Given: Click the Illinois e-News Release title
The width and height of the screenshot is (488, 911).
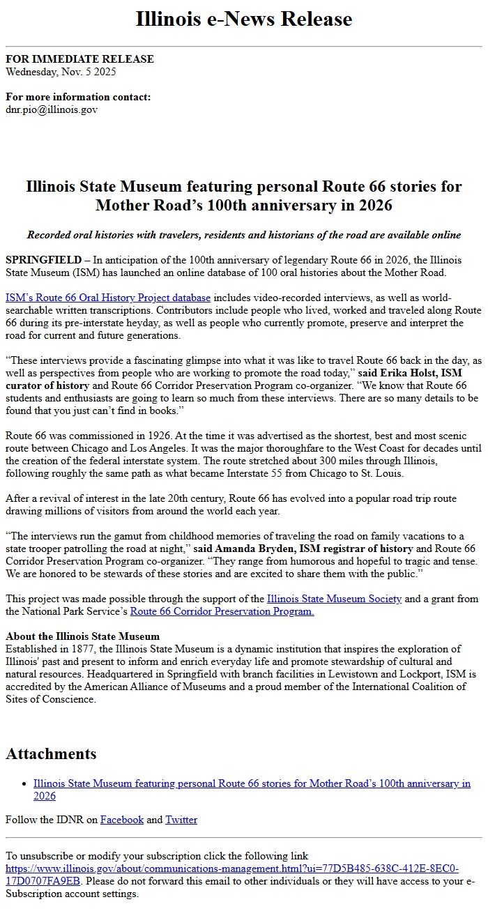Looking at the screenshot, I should click(243, 19).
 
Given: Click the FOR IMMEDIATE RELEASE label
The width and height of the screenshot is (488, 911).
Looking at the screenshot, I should click(79, 59).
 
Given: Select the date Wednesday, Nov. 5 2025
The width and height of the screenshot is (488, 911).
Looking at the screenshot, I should click(61, 71).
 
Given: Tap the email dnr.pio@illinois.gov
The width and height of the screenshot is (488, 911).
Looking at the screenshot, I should click(52, 109).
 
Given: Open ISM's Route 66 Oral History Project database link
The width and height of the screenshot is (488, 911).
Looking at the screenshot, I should click(108, 298).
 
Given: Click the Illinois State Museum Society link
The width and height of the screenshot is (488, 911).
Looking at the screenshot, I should click(334, 599).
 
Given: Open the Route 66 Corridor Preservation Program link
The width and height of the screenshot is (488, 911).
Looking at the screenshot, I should click(222, 611).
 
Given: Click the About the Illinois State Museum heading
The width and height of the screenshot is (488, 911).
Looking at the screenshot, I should click(82, 636).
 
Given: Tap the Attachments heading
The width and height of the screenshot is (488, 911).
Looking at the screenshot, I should click(51, 753).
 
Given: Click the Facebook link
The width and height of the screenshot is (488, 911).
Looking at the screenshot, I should click(122, 820).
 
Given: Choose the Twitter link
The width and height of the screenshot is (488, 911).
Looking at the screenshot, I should click(181, 820).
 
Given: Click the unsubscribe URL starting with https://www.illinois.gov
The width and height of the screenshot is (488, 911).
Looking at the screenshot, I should click(231, 868).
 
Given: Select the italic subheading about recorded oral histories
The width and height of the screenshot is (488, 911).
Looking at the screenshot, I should click(243, 235).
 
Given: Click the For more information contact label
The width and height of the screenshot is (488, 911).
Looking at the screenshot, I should click(78, 97).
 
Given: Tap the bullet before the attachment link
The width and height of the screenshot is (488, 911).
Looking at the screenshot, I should click(25, 784).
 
